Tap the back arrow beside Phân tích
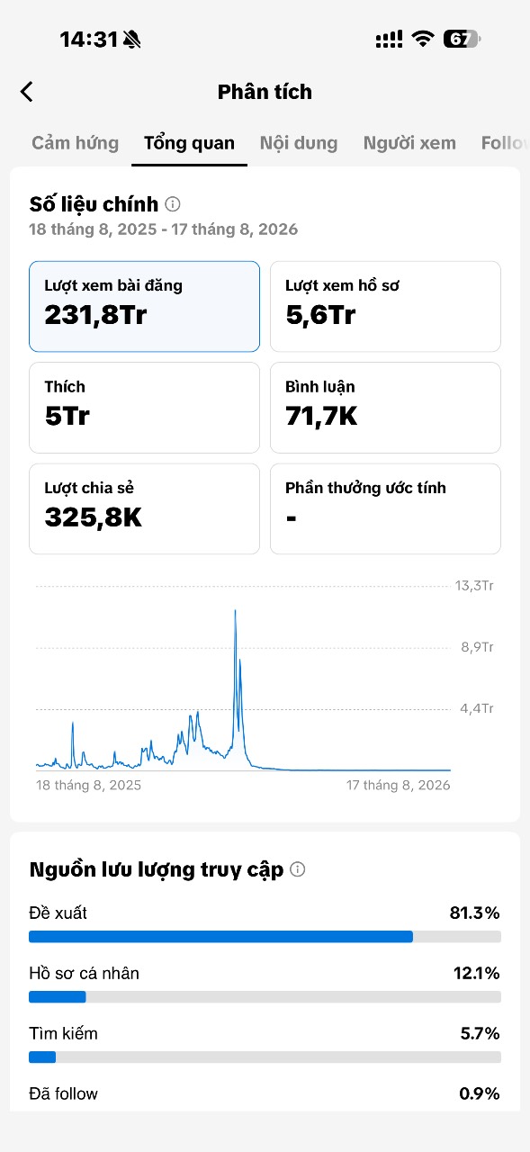27,92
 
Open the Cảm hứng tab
75,143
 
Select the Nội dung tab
299,143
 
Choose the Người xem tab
409,143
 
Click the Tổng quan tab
189,143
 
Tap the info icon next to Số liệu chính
173,204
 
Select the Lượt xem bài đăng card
145,307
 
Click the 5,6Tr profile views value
320,315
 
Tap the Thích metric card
145,408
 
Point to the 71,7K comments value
321,416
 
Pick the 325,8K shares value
93,517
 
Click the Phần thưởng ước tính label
365,488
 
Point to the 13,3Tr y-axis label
474,586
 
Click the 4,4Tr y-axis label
477,708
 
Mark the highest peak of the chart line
236,610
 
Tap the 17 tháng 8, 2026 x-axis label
398,786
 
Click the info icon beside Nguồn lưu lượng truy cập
298,869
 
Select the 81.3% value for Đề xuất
474,913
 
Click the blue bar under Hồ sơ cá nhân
57,996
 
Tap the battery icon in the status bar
462,39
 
